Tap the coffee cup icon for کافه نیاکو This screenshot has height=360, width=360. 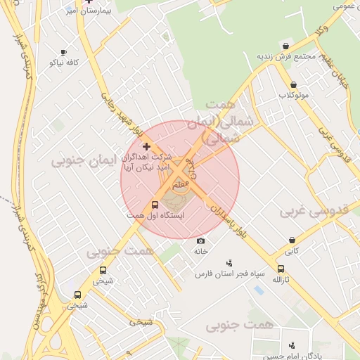click(63, 52)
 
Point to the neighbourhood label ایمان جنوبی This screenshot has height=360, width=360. click(77, 161)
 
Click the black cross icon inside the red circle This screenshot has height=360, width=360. click(146, 146)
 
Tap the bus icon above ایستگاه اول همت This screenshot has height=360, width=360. click(155, 204)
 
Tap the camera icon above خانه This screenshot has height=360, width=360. click(200, 241)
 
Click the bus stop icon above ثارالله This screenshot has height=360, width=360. click(281, 269)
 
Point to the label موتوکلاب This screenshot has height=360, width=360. click(293, 94)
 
